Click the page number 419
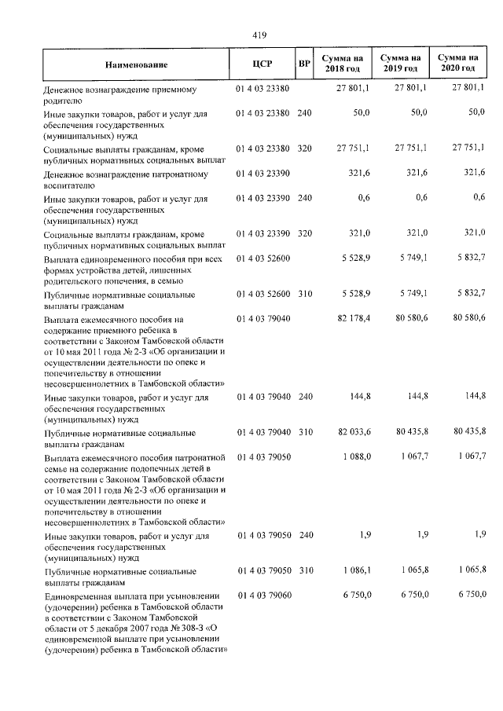260,35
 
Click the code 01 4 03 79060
263,595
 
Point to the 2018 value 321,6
358,172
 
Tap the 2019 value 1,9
422,536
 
